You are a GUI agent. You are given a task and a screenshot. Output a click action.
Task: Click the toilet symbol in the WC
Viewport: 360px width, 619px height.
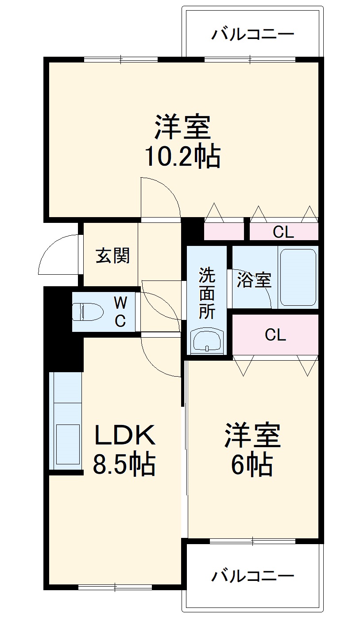(x=87, y=311)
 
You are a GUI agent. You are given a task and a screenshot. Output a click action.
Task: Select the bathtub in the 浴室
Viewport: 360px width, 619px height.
(x=298, y=277)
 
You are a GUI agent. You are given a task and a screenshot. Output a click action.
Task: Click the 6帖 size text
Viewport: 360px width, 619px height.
(x=251, y=464)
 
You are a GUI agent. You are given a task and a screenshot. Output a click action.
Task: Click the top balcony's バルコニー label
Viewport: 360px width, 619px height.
(x=252, y=34)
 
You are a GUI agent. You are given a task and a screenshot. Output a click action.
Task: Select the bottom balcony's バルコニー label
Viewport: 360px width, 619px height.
(x=252, y=576)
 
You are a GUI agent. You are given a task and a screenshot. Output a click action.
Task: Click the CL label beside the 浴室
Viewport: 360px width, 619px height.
(x=283, y=232)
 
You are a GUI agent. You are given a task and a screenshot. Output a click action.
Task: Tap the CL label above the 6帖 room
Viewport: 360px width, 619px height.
(x=275, y=335)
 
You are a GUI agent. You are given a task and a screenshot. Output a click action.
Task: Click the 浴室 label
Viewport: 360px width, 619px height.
(x=254, y=280)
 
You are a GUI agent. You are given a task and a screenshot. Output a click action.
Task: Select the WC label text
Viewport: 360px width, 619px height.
(x=120, y=312)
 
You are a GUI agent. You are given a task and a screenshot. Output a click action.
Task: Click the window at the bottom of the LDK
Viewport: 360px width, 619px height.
(x=115, y=588)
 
